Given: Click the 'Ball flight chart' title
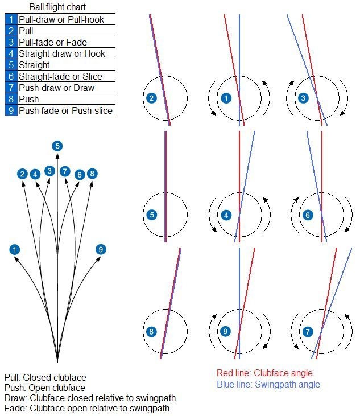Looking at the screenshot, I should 58,7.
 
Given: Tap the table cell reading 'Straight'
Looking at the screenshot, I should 35,65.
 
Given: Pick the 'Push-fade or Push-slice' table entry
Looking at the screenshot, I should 65,110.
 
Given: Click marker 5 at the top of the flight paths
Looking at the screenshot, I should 57,146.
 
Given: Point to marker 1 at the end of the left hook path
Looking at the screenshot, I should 14,249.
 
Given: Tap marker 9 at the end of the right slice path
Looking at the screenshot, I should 101,249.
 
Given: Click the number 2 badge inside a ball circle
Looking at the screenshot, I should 151,98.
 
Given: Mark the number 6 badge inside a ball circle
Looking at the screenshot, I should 308,215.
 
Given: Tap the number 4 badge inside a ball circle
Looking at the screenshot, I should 226,215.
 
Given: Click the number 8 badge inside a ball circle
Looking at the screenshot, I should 151,331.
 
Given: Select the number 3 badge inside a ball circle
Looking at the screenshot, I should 303,98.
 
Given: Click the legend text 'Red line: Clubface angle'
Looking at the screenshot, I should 264,373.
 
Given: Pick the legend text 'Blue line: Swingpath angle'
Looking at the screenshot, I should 268,384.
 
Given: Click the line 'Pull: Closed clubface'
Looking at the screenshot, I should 45,377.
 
